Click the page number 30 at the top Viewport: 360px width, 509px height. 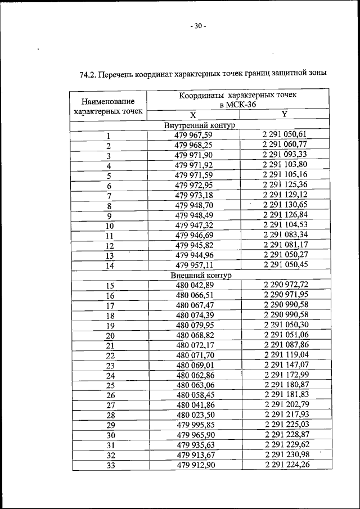[198, 26]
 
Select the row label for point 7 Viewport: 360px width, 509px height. [109, 196]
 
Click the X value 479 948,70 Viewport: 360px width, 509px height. [193, 206]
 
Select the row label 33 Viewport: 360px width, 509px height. [110, 466]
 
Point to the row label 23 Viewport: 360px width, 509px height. [110, 366]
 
